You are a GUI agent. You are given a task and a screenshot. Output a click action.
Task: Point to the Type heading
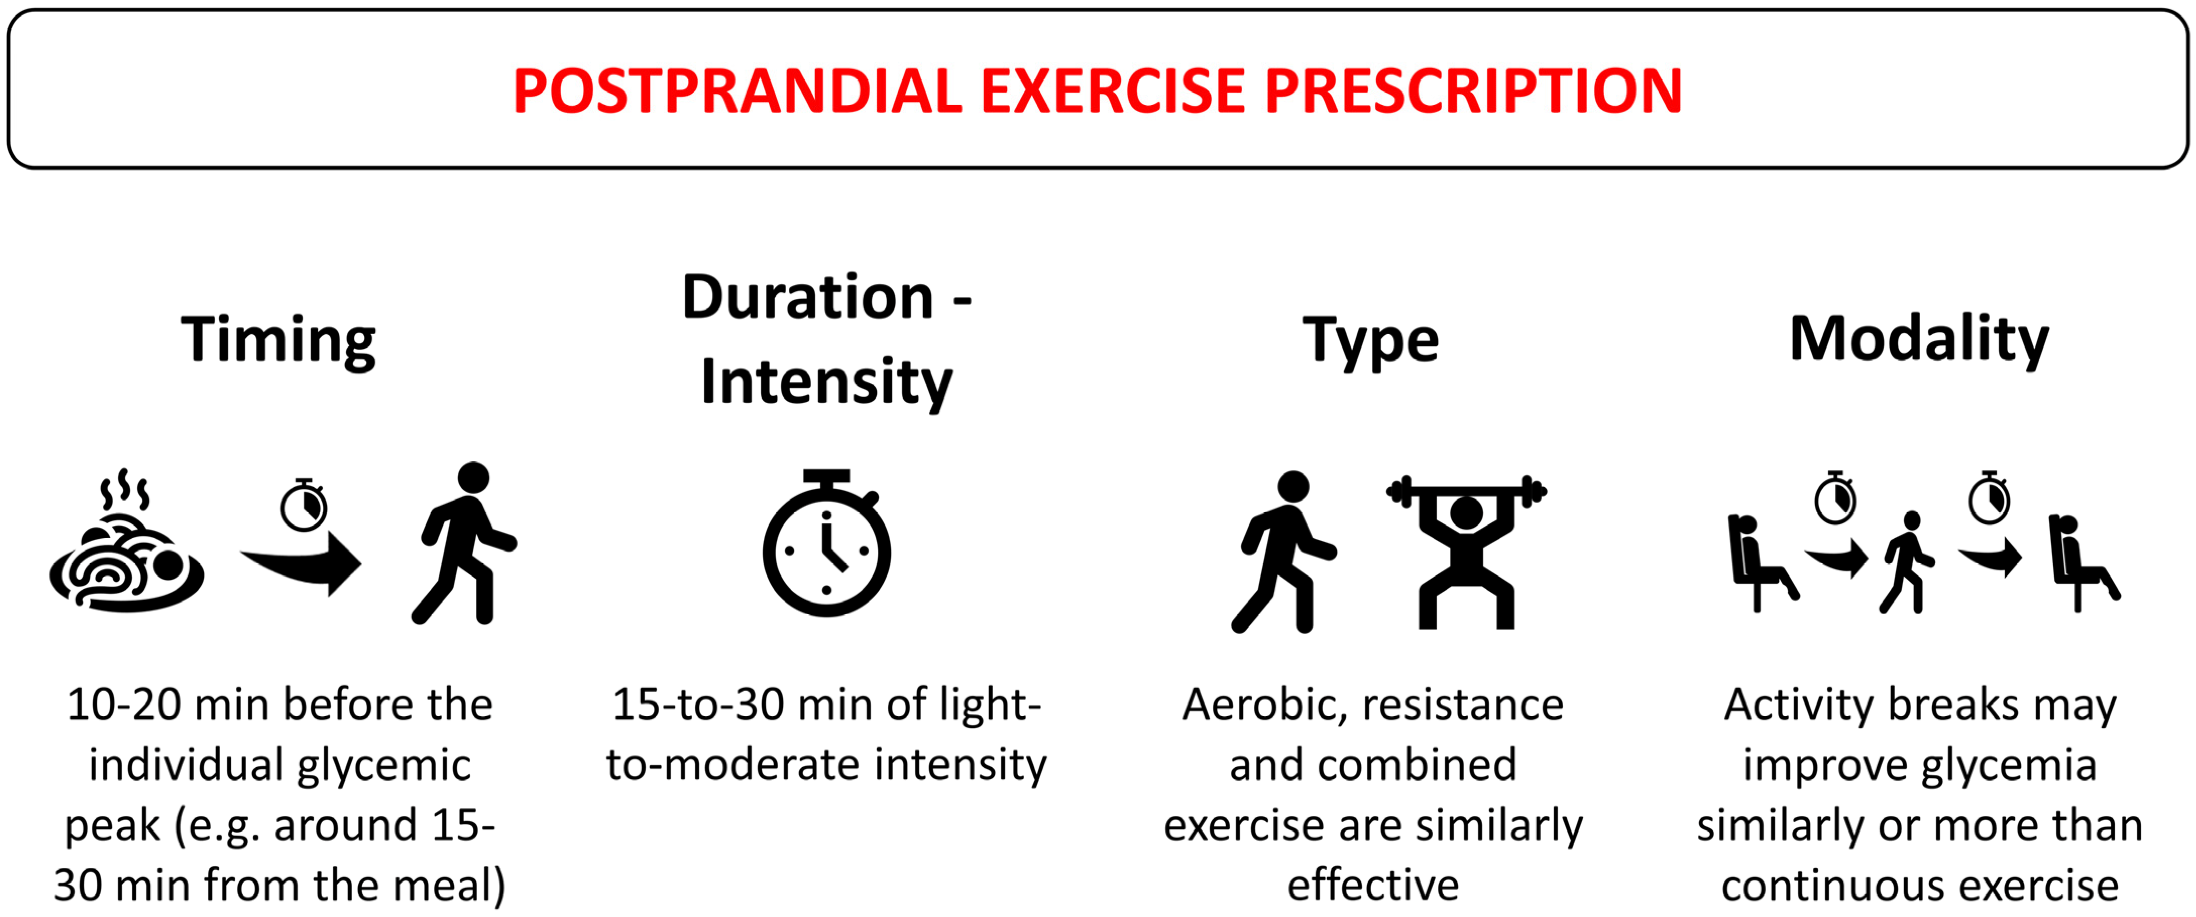point(1371,341)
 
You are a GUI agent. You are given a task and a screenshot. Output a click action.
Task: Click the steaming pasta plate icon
point(126,540)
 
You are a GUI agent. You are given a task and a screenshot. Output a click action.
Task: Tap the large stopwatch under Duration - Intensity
point(826,543)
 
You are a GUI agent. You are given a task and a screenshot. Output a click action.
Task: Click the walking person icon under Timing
point(465,543)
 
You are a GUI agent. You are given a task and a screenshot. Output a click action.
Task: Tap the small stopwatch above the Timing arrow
point(304,505)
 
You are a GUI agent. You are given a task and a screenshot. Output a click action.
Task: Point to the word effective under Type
point(1373,885)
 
